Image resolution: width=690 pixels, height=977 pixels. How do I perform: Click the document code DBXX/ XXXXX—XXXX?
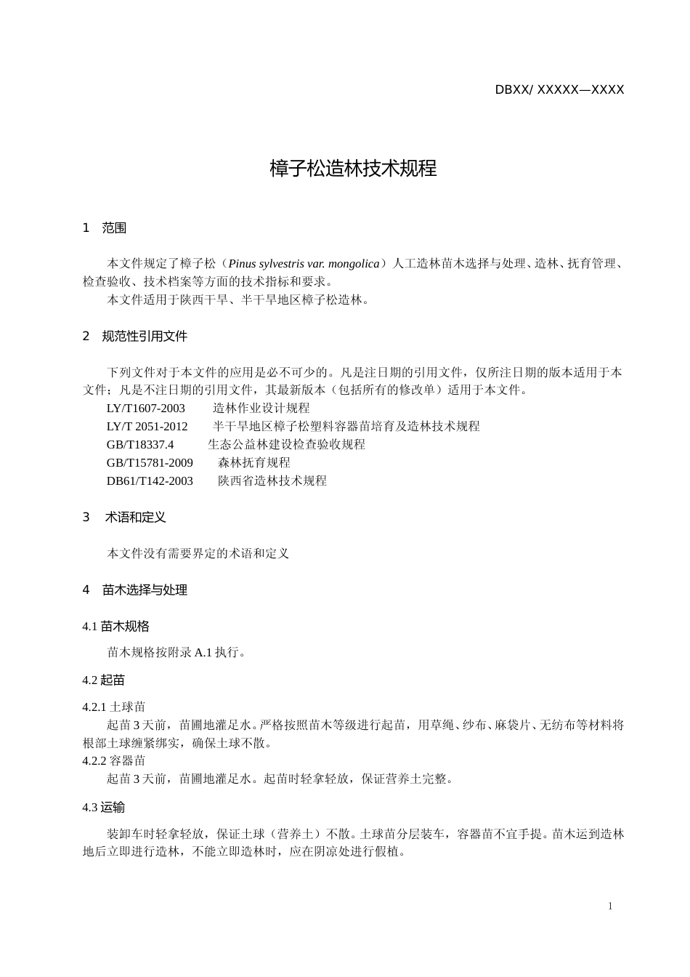point(559,90)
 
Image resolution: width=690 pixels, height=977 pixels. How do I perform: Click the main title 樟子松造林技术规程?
point(353,169)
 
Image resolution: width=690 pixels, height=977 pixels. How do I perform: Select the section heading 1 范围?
point(105,228)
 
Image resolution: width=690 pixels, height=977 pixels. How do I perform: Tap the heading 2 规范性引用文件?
point(135,337)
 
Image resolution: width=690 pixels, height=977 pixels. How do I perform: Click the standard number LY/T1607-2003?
point(146,409)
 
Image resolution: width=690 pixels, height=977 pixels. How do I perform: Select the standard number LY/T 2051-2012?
point(147,427)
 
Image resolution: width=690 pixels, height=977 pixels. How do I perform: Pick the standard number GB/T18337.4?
point(140,445)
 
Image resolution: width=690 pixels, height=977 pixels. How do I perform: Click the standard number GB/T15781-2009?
point(150,463)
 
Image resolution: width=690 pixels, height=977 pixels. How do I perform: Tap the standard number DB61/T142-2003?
point(150,481)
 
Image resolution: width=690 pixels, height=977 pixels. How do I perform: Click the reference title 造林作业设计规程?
point(261,409)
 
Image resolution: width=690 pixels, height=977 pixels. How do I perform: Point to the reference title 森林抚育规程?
point(254,463)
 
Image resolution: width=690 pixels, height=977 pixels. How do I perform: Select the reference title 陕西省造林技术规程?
point(272,481)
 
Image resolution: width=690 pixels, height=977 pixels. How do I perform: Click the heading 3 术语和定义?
point(124,518)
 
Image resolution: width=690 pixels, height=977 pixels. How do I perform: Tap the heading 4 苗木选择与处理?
point(135,590)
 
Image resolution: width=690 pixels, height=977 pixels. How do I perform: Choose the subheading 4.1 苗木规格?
point(116,627)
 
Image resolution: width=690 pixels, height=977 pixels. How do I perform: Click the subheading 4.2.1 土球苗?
point(114,707)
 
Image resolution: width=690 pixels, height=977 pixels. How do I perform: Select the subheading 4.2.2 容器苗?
point(114,761)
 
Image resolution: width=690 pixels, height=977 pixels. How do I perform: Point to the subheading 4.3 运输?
point(104,808)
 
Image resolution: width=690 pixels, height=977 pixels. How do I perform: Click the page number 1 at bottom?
point(610,906)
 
